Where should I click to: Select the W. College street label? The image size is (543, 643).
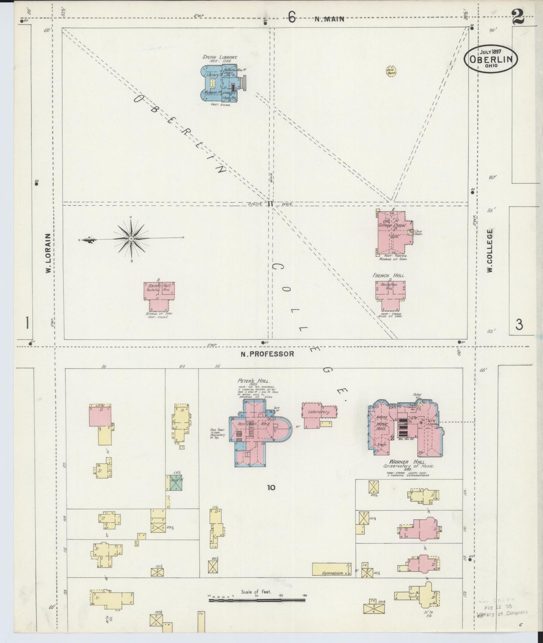(490, 251)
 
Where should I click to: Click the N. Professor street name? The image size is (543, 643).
(267, 354)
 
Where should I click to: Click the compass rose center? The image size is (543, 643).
(131, 239)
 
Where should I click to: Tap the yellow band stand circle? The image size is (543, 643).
(392, 71)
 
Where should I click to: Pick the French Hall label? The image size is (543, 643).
(389, 276)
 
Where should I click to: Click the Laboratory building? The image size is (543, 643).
(319, 412)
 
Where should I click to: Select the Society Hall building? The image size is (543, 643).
(159, 291)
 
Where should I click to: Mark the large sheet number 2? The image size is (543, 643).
(519, 16)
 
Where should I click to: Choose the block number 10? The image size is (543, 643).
(271, 488)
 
